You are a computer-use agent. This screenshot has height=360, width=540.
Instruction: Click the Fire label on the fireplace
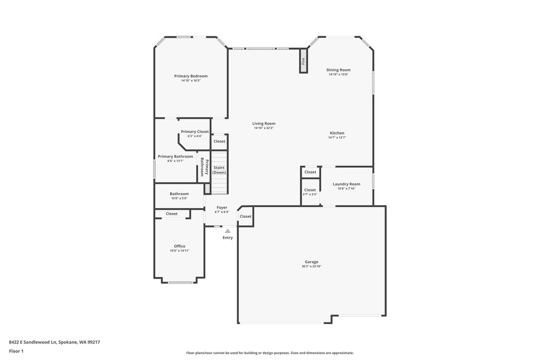[x=303, y=61]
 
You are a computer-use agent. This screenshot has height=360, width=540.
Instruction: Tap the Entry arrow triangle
[x=227, y=231]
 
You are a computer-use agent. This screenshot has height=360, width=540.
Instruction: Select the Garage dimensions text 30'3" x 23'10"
[x=311, y=266]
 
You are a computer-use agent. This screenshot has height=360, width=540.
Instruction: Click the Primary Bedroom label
[x=191, y=76]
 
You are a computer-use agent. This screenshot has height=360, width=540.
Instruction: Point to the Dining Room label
[x=338, y=70]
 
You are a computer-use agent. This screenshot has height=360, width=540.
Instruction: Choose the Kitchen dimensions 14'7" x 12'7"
[x=337, y=138]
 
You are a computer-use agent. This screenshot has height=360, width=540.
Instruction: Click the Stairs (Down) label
[x=219, y=170]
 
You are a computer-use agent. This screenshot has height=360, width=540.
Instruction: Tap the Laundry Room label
[x=346, y=184]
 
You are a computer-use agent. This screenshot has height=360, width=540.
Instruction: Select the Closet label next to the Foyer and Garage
[x=246, y=216]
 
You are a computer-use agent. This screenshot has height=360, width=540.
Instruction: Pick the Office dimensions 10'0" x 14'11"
[x=180, y=251]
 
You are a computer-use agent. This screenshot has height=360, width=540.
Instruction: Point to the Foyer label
[x=222, y=207]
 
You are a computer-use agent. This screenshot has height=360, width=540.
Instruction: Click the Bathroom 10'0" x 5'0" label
[x=179, y=194]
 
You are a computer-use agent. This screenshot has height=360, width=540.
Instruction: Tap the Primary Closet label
[x=195, y=132]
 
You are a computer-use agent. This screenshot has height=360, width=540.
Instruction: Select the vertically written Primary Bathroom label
[x=205, y=167]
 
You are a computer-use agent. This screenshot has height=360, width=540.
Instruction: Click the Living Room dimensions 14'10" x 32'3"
[x=264, y=128]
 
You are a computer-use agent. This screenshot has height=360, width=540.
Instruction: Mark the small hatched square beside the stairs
[x=207, y=188]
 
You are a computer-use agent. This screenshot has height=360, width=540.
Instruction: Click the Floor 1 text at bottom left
[x=16, y=351]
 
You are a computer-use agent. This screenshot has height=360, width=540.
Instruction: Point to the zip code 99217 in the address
[x=94, y=342]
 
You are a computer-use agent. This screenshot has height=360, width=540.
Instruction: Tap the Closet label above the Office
[x=172, y=214]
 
